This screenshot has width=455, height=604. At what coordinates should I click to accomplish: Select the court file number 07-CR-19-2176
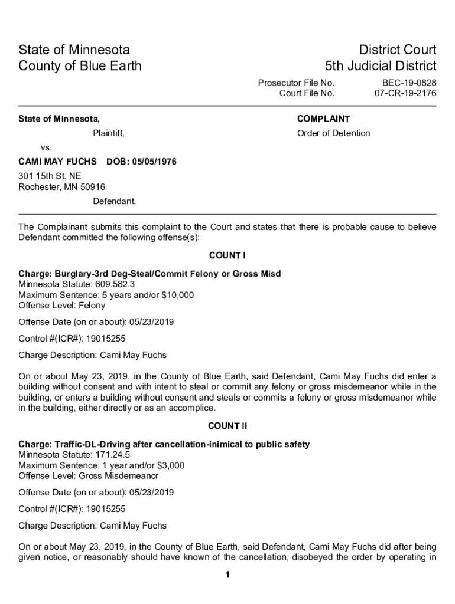point(405,93)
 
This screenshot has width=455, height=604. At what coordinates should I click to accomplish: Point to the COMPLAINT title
point(323,119)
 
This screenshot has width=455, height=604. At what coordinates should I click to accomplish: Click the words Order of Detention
point(333,133)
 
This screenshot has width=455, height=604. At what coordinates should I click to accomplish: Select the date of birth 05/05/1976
point(154,162)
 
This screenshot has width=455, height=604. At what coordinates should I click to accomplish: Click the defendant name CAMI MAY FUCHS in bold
point(57,162)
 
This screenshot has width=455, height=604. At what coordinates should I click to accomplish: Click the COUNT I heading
point(227,255)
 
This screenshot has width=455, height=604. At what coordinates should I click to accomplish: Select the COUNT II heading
point(227,426)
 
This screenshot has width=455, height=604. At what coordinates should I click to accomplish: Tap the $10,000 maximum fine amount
point(177,295)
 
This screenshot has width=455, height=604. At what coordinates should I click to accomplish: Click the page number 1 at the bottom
point(227,576)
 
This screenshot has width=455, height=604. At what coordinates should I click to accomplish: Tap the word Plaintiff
point(108,133)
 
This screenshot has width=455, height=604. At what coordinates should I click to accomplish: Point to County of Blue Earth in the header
point(80,65)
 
